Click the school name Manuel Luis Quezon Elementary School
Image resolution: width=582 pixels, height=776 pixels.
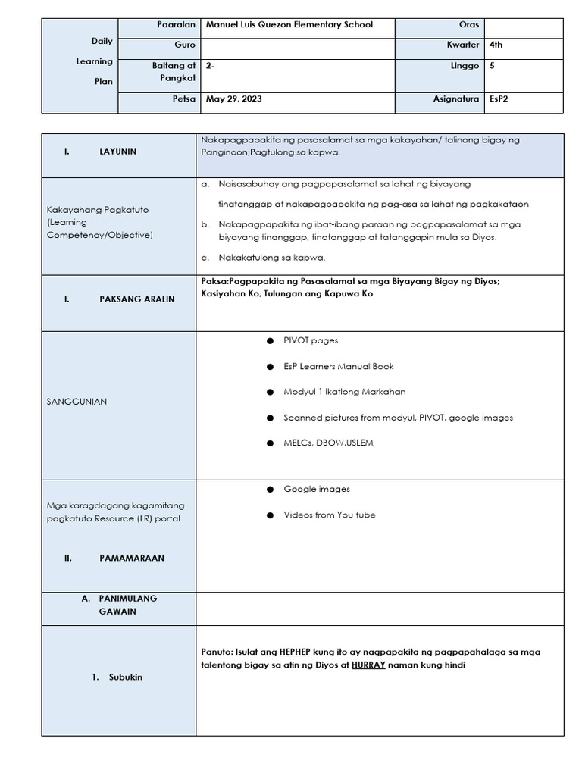point(289,24)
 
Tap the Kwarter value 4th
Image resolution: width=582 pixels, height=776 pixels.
point(496,45)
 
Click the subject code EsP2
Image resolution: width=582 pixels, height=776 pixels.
point(498,99)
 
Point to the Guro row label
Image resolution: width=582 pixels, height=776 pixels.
point(185,45)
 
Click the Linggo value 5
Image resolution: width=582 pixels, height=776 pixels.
point(492,66)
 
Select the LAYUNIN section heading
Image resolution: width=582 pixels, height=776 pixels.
point(117,152)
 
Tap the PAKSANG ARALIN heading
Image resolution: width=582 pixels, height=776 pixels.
point(136,299)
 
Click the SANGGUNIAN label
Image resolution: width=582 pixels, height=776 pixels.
point(77,402)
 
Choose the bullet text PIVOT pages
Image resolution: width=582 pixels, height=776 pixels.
point(311,340)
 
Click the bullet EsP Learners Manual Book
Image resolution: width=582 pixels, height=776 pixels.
point(338,366)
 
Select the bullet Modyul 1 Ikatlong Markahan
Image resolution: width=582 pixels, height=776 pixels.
point(344,392)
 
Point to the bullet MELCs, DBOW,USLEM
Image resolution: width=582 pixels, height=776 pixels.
point(328,443)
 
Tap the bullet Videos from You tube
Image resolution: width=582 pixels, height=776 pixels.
point(329,515)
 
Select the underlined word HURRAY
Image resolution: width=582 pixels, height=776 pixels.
point(368,665)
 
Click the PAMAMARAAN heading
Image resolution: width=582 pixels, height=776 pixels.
point(131,558)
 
